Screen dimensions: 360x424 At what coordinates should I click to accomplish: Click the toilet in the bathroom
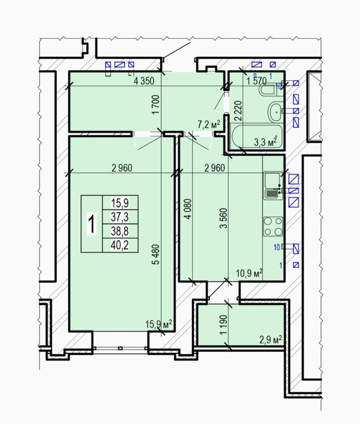268,90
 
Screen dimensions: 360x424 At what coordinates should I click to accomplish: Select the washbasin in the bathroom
275,111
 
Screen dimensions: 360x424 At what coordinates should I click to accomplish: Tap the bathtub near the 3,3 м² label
257,136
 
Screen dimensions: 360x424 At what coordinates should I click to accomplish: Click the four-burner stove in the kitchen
273,226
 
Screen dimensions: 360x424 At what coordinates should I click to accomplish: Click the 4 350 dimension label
144,81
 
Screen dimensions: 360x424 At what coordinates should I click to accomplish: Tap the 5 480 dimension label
157,254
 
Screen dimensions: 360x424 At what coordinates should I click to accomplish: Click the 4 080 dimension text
188,209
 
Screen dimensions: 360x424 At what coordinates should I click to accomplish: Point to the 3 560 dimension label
223,218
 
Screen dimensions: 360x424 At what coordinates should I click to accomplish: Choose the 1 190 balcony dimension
223,325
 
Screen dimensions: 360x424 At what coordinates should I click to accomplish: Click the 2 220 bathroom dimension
238,111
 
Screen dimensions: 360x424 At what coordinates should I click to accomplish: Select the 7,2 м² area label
208,124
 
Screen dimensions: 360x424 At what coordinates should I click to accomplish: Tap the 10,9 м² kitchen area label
249,273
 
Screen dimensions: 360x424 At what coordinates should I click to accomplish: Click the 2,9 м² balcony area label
271,340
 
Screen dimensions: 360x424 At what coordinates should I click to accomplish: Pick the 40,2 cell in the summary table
120,245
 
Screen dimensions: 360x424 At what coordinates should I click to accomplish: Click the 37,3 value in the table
120,217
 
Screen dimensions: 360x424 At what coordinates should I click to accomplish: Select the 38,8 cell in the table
120,231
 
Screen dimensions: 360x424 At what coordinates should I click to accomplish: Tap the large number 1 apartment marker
92,224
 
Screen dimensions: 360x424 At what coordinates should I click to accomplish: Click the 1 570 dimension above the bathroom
256,81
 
